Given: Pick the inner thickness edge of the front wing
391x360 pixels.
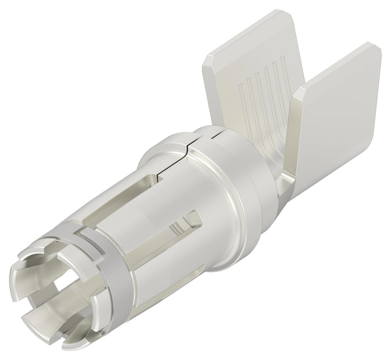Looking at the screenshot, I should coord(299,127).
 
